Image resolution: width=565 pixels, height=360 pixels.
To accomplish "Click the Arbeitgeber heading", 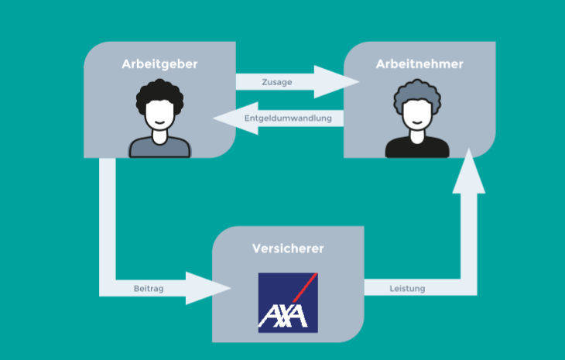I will point(159,64).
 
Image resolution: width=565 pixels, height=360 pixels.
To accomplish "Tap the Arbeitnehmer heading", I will point(419,64).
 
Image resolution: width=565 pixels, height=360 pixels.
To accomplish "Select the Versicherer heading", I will point(288,249).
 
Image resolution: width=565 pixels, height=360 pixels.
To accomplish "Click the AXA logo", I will point(288,302).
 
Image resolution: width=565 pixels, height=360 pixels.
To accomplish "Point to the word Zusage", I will point(276,82).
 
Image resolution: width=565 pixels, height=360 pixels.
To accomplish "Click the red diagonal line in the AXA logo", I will point(303,290).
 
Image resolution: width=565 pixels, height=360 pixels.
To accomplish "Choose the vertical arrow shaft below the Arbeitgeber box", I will point(108,217).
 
